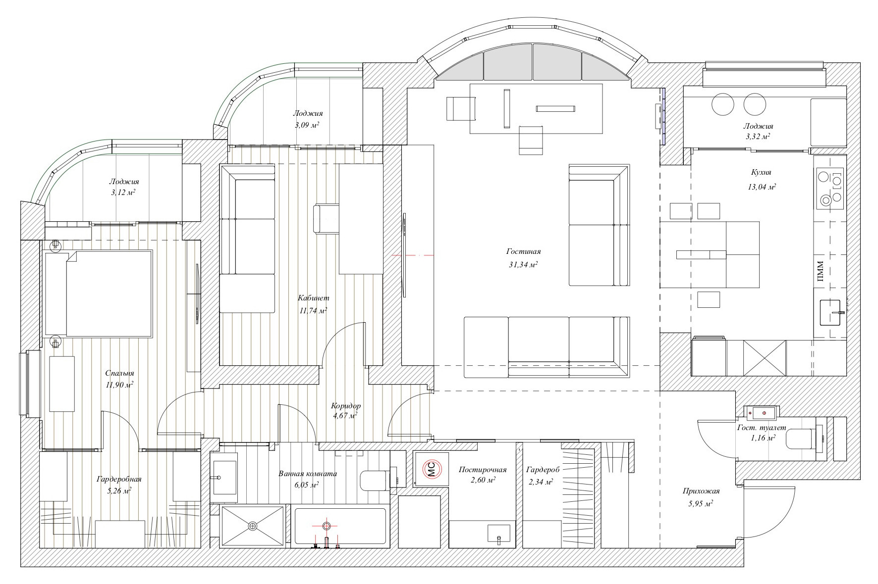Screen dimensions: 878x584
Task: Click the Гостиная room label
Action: pos(524,251)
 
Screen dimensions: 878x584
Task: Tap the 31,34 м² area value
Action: pos(523,265)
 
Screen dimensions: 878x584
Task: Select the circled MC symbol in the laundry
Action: pos(431,469)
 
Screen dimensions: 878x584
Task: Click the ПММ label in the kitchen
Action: pos(820,272)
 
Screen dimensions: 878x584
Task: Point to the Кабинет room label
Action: pos(313,298)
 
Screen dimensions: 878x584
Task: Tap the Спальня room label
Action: pos(119,374)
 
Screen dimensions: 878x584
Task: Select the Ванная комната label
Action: pos(308,474)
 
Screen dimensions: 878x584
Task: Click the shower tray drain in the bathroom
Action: pos(253,525)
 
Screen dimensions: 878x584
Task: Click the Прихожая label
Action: pos(701,491)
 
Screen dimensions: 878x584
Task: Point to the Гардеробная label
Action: pos(119,479)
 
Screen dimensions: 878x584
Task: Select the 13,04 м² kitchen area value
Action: pos(762,187)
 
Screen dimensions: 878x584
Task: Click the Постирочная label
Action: pos(483,470)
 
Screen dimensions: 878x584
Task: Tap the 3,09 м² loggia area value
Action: pos(307,125)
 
